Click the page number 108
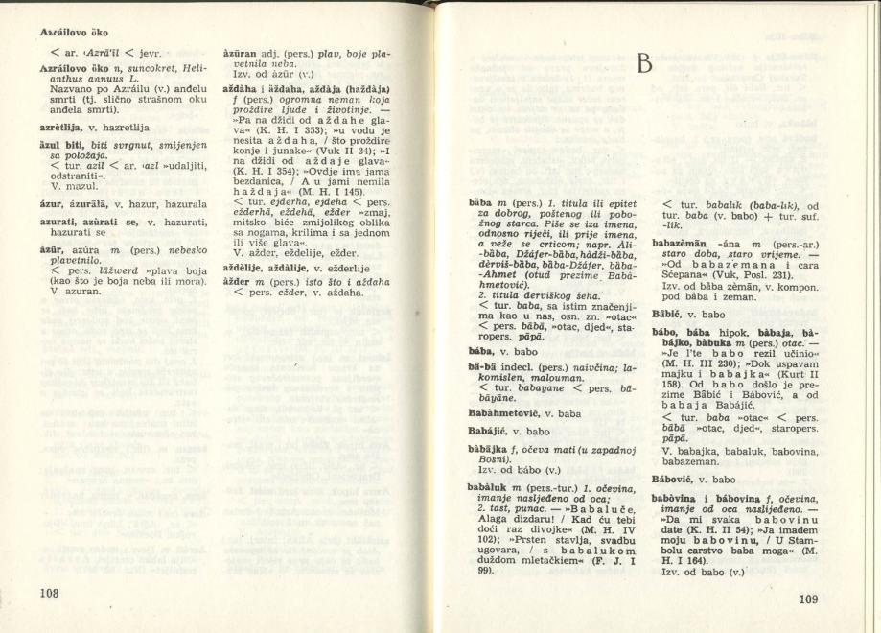50,592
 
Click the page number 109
808,600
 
